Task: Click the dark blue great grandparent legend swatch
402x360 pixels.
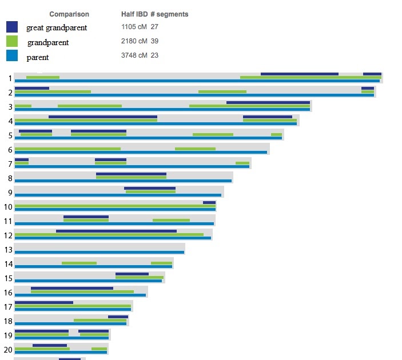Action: [12, 27]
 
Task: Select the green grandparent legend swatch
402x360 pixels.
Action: [12, 41]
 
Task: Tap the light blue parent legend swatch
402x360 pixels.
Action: [12, 56]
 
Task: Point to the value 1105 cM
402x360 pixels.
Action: [134, 27]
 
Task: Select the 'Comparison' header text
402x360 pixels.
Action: [69, 14]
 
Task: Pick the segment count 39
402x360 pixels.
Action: [154, 42]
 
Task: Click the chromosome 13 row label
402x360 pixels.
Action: [8, 250]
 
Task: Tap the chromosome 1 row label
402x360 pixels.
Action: [10, 78]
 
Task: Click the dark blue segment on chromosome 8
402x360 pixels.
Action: [131, 174]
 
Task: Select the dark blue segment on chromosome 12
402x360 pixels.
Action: [116, 231]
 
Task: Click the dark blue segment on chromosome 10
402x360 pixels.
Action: [209, 202]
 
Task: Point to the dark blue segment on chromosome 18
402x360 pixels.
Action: [118, 317]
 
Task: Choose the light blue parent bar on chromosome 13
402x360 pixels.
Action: [99, 252]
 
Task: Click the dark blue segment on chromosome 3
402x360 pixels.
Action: [268, 102]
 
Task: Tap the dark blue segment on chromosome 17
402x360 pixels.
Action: [44, 302]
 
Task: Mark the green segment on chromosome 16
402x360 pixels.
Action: [82, 291]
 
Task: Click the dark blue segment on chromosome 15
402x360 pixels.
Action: [132, 274]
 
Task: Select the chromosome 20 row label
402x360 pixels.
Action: [8, 350]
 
